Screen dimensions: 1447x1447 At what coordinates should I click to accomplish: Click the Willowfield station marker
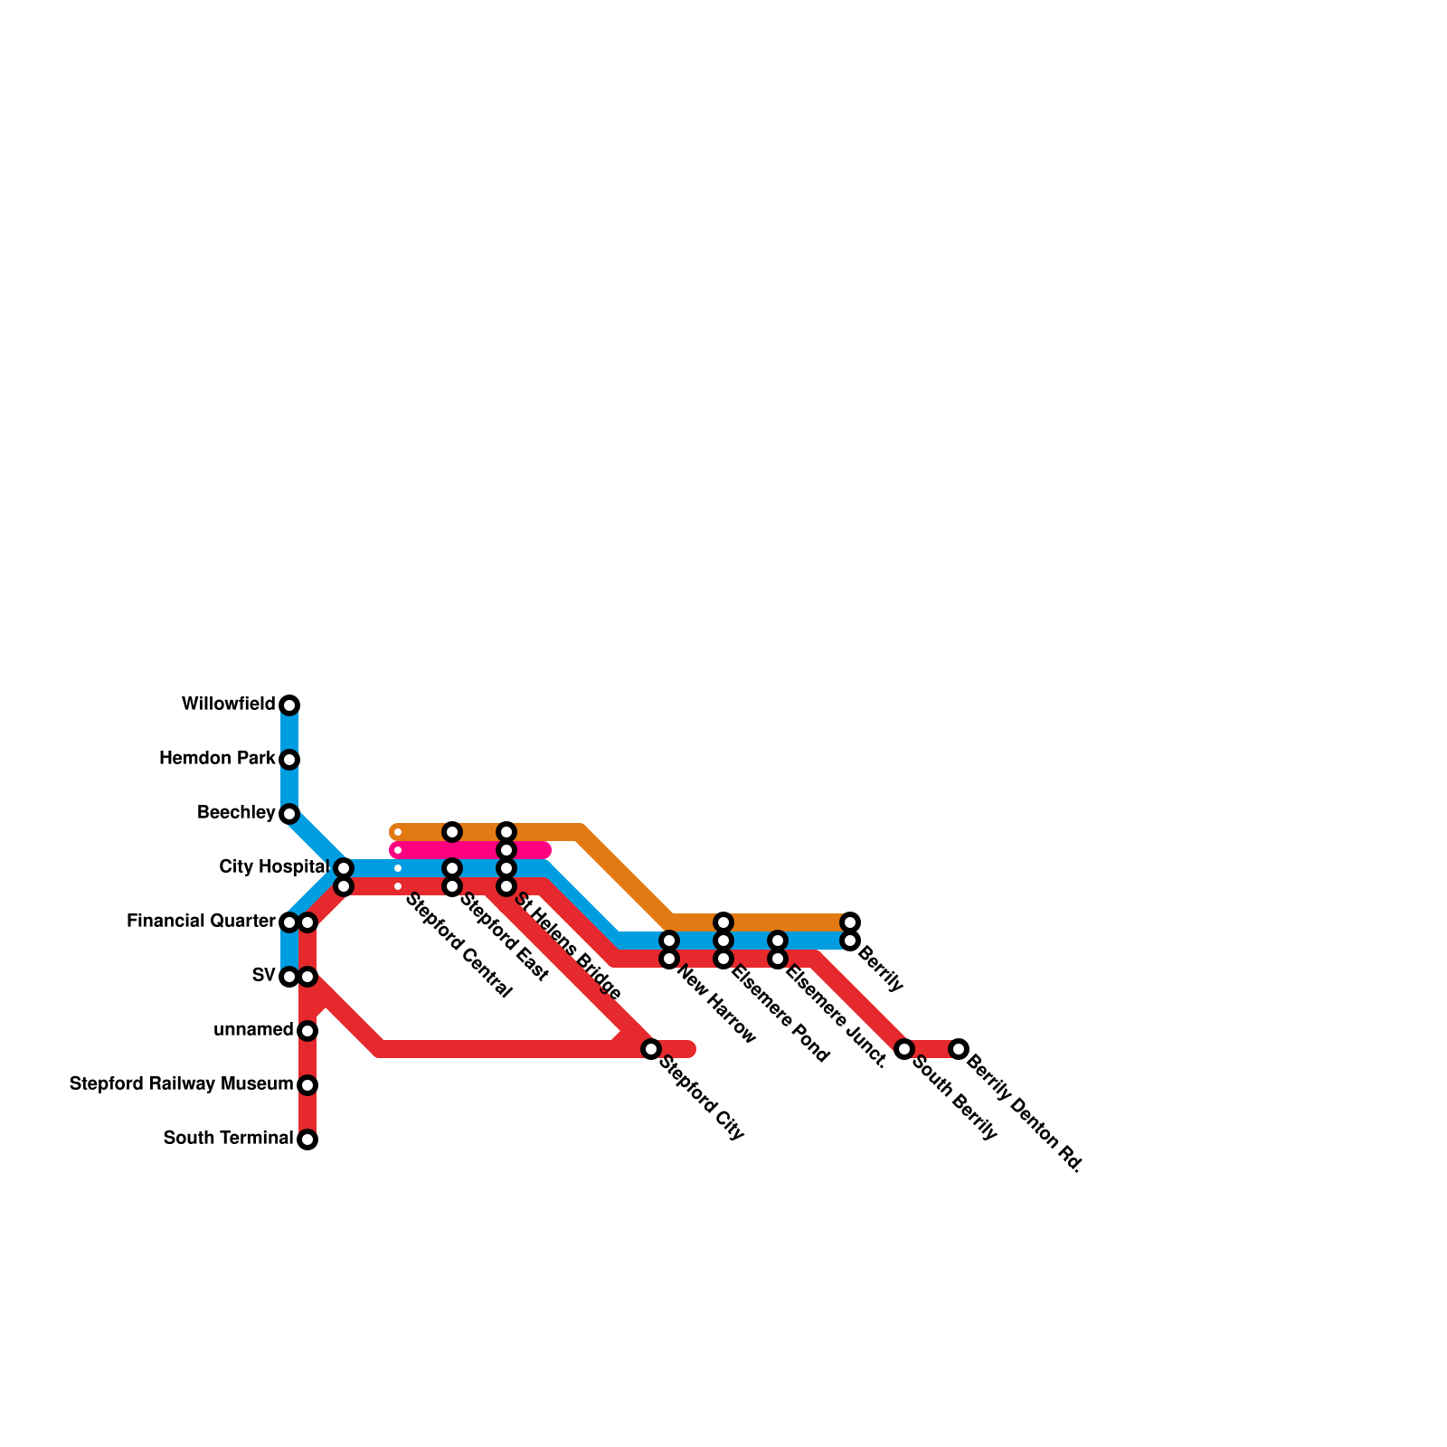[289, 705]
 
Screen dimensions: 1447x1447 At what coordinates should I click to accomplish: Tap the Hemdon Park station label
[217, 759]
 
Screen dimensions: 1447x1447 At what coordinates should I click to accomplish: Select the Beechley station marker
[289, 814]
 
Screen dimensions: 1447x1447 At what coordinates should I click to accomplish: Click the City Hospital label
[273, 867]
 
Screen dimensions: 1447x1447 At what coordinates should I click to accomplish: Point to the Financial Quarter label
[201, 922]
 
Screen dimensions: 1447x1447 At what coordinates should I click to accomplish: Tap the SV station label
[263, 976]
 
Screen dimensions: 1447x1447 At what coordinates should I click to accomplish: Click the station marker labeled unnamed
[307, 1031]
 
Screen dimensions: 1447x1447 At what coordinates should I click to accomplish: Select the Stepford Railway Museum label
[181, 1084]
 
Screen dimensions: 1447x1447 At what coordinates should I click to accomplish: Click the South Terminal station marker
[307, 1140]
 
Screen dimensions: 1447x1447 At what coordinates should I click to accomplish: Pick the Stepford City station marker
[651, 1049]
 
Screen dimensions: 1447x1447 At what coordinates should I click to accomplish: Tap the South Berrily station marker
[904, 1049]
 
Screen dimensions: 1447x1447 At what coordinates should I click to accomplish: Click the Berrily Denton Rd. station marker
[959, 1049]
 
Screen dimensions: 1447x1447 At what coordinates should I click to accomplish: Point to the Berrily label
[880, 969]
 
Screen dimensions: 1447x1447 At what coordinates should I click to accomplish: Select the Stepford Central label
[458, 946]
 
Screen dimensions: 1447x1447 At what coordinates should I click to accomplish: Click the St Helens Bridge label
[568, 946]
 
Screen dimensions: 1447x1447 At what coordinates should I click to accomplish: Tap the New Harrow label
[715, 1006]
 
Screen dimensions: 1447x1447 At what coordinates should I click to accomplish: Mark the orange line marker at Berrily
[850, 922]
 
